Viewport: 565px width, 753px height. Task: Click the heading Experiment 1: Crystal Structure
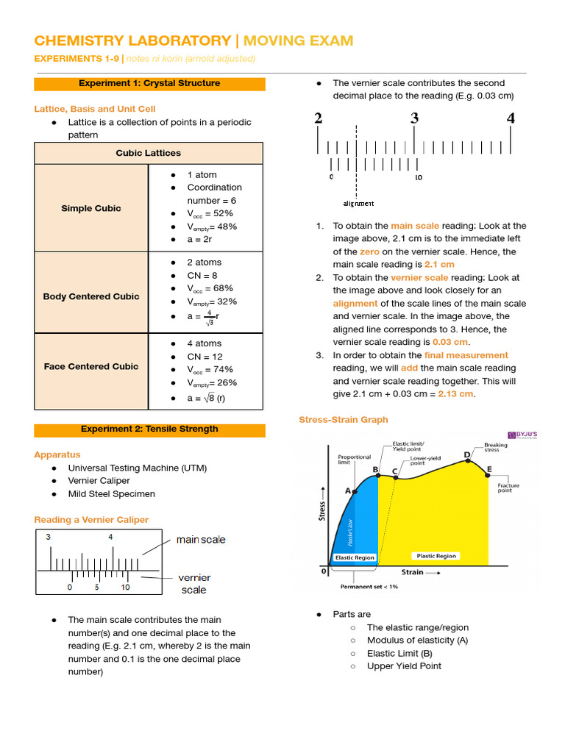coord(149,83)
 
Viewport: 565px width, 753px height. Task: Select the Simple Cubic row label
coord(91,208)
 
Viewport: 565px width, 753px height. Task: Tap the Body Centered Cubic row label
coord(91,296)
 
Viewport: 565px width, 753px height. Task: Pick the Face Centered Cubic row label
coord(91,366)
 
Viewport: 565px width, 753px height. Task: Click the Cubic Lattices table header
coord(148,153)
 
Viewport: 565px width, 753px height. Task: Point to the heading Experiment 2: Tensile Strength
coord(149,429)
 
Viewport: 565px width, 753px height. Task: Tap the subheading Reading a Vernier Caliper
coord(91,519)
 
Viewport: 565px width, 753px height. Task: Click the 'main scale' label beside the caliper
coord(201,540)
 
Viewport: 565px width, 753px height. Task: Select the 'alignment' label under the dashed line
coord(358,203)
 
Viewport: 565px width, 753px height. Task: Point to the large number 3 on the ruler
coord(414,118)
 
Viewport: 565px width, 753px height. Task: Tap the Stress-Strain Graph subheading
coord(344,419)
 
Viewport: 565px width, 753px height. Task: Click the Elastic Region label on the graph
coord(355,557)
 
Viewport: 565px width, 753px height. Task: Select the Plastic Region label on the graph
coord(436,556)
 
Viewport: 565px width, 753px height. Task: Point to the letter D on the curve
coord(466,454)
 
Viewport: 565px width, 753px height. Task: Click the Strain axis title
coord(412,571)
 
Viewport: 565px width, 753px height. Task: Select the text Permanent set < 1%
coord(369,587)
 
